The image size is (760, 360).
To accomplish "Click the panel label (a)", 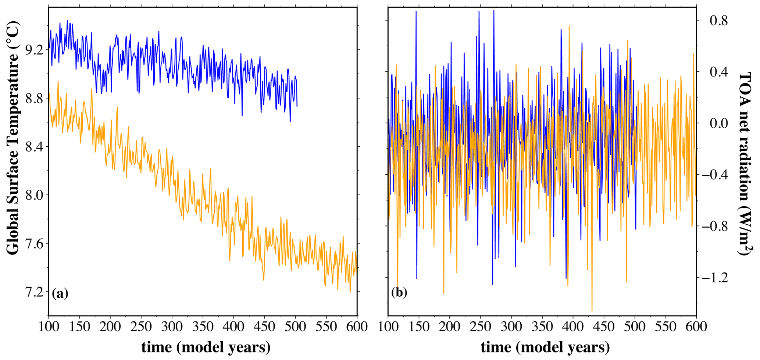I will [60, 293].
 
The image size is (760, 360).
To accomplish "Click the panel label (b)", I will [399, 293].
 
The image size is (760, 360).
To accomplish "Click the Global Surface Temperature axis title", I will [13, 138].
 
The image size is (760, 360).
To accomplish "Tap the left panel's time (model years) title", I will [206, 347].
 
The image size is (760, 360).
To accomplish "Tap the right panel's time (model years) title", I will [545, 347].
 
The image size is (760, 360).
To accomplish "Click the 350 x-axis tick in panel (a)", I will [203, 326].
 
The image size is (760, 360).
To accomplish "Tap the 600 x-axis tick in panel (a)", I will [357, 326].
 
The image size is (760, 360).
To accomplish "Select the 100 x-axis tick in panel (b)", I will [388, 326].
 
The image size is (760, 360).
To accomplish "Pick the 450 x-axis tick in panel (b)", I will [604, 326].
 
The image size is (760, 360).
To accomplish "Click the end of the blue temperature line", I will [297, 106].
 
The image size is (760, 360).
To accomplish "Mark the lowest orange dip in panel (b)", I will [592, 311].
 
